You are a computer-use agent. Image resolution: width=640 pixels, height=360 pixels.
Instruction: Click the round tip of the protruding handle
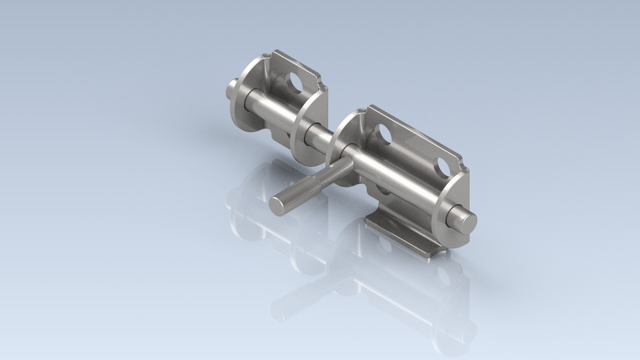point(281,204)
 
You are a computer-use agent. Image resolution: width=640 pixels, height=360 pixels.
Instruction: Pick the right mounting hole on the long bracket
point(439,165)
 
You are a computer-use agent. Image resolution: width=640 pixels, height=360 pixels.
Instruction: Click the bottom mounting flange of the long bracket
point(400,233)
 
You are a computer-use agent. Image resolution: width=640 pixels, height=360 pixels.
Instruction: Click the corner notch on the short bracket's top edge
point(324,85)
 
